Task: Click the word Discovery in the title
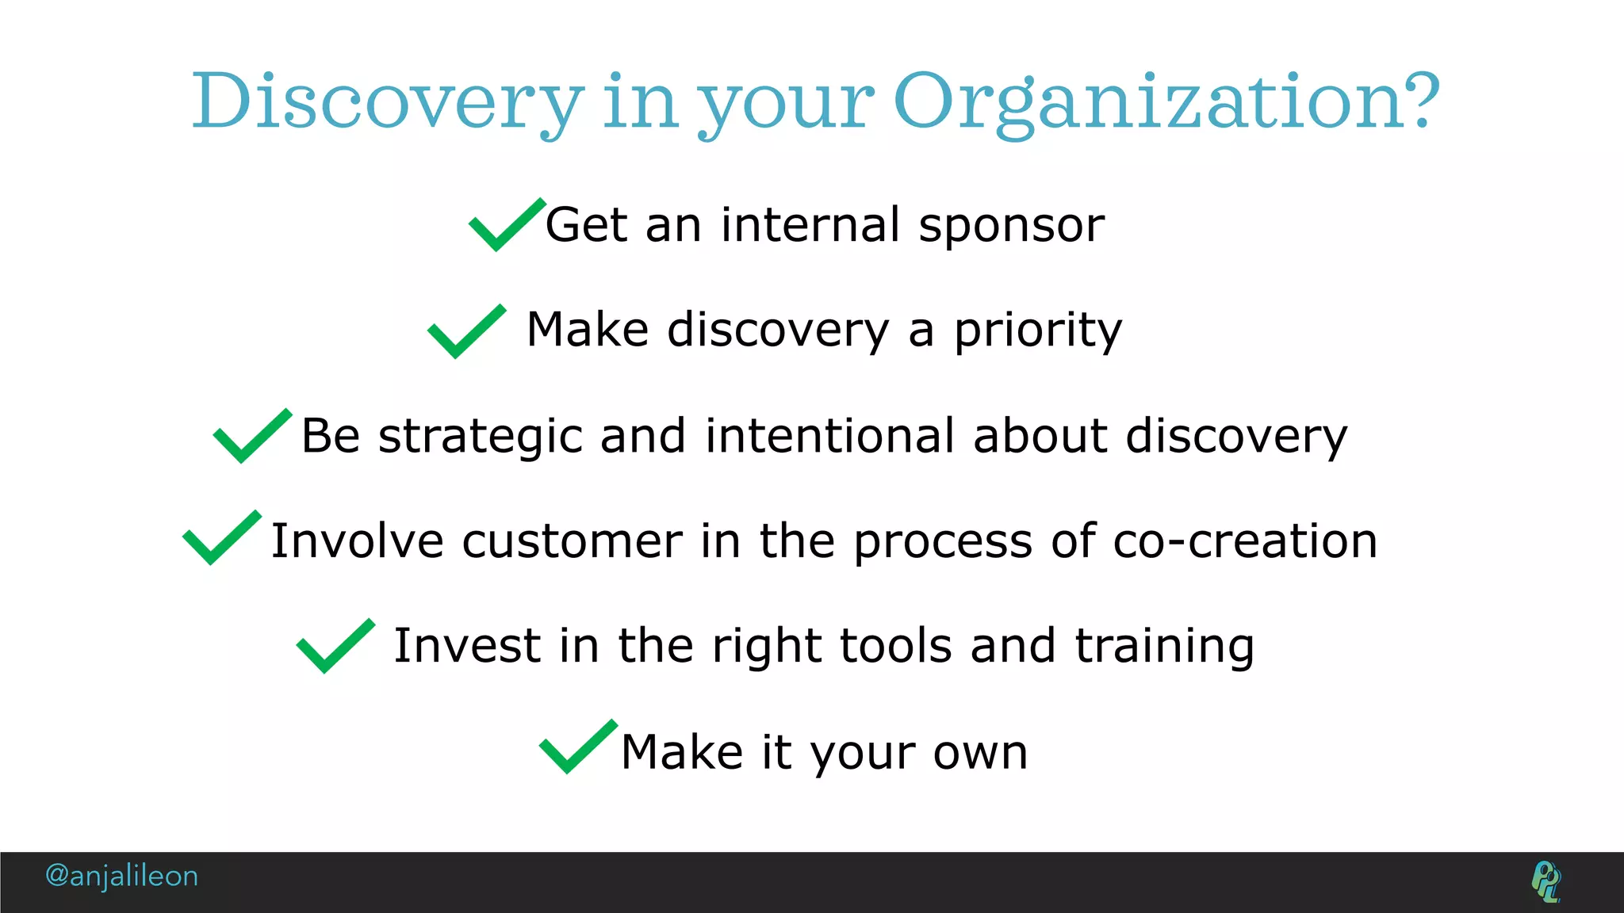pyautogui.click(x=389, y=103)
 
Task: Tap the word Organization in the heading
pyautogui.click(x=1150, y=103)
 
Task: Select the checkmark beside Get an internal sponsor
pyautogui.click(x=505, y=226)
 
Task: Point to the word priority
pyautogui.click(x=1038, y=331)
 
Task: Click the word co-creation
pyautogui.click(x=1245, y=541)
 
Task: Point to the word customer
pyautogui.click(x=572, y=541)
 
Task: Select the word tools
pyautogui.click(x=895, y=646)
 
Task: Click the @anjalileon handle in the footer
pyautogui.click(x=121, y=876)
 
